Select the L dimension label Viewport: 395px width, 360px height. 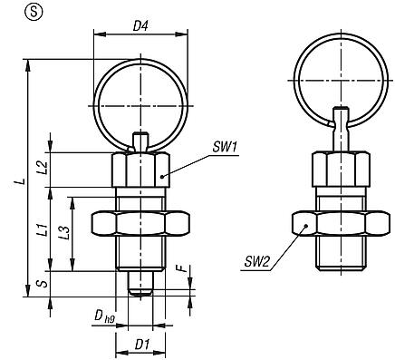click(20, 180)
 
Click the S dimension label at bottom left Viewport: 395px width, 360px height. click(42, 283)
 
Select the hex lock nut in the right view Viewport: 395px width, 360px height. click(338, 224)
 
